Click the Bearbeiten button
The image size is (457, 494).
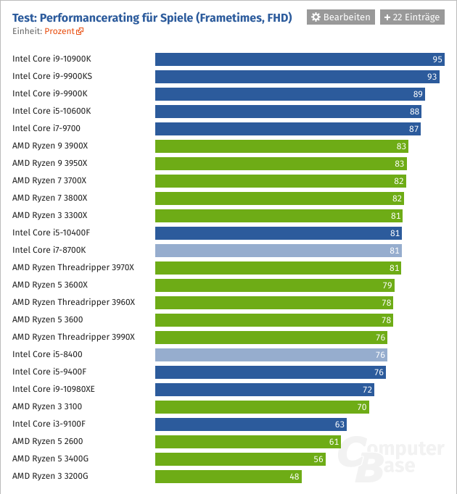[x=341, y=17]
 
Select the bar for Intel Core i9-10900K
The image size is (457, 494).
[x=295, y=59]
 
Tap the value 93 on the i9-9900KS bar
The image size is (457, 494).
[x=432, y=77]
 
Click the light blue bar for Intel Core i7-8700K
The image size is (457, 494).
[x=279, y=251]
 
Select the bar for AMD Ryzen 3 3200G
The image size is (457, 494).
[x=228, y=477]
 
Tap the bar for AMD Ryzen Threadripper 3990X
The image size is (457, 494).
[x=271, y=338]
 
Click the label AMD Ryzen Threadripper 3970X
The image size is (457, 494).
[x=73, y=268]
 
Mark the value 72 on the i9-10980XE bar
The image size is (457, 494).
[x=367, y=390]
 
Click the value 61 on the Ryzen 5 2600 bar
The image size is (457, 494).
[x=334, y=442]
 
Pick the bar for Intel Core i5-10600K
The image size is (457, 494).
[x=288, y=112]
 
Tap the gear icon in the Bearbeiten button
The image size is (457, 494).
[x=316, y=17]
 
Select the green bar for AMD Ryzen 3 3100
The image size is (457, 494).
[x=262, y=407]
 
